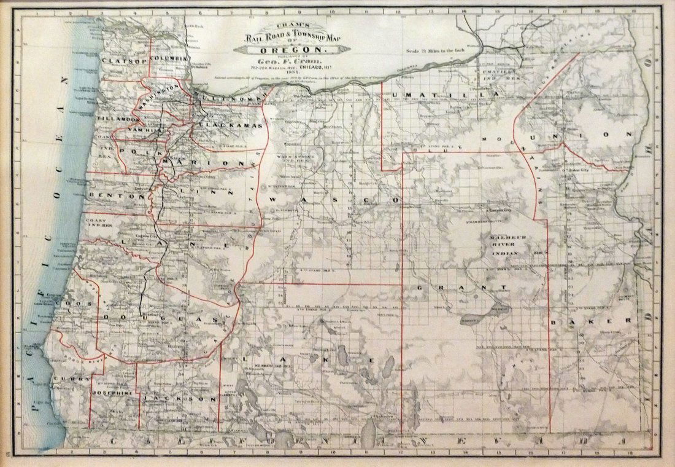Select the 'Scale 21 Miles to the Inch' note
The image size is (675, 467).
(440, 50)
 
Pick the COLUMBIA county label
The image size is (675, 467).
(168, 58)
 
